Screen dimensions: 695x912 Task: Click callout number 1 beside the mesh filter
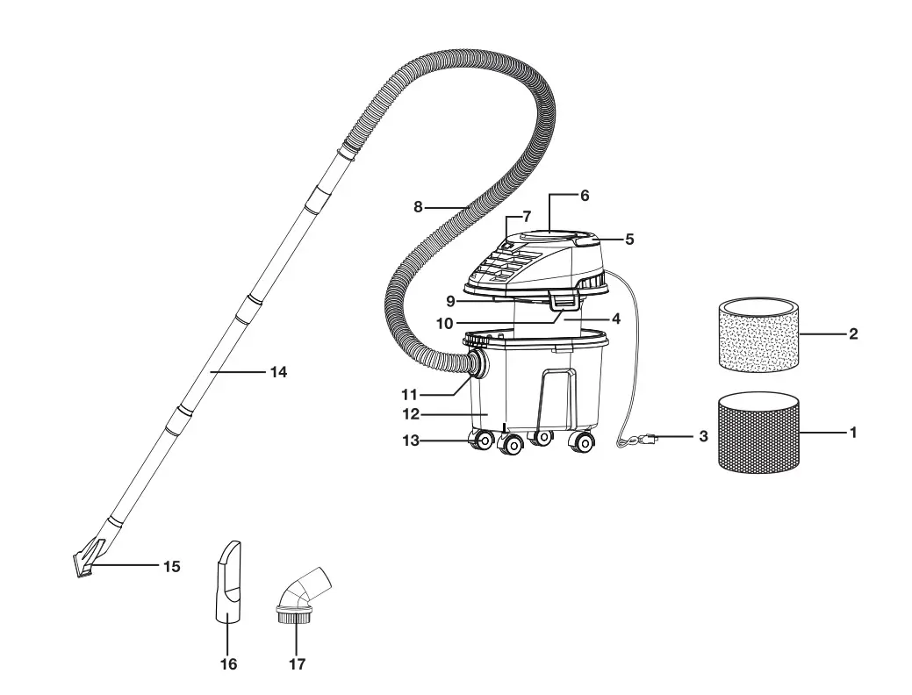coord(852,433)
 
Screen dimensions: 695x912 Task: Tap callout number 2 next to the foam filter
coord(852,334)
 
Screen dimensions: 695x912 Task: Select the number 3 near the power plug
coord(703,436)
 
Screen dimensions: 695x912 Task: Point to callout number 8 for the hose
coord(418,207)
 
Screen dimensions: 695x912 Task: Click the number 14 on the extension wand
coord(278,372)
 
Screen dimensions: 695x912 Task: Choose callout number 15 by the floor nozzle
coord(171,567)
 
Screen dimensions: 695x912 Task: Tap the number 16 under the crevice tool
coord(228,664)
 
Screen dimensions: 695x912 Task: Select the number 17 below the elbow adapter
coord(297,664)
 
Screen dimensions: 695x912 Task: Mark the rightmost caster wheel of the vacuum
coord(580,442)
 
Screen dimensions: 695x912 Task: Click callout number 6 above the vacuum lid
coord(585,196)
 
